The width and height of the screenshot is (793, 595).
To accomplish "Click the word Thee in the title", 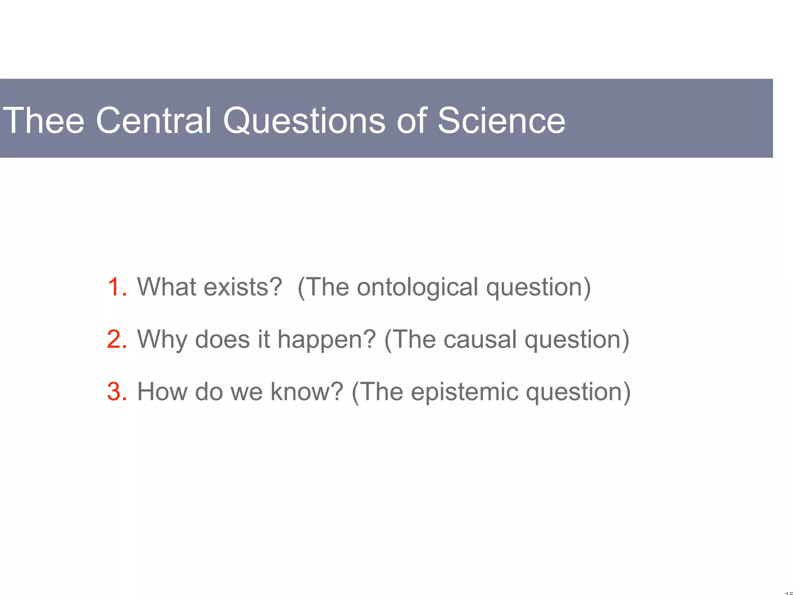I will pyautogui.click(x=43, y=120).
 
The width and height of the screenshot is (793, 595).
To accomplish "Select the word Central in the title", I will pyautogui.click(x=153, y=120).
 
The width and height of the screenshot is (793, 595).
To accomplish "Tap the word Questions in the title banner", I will pyautogui.click(x=304, y=120).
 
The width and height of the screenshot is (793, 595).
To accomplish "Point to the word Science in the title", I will pyautogui.click(x=501, y=120).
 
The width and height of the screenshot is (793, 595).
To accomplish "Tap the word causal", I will pyautogui.click(x=480, y=339).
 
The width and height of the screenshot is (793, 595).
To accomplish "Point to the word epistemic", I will pyautogui.click(x=464, y=392).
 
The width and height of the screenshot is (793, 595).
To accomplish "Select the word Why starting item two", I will pyautogui.click(x=162, y=339).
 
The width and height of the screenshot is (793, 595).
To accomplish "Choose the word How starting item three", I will pyautogui.click(x=162, y=392).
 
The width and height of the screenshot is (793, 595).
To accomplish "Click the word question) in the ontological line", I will pyautogui.click(x=538, y=287).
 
